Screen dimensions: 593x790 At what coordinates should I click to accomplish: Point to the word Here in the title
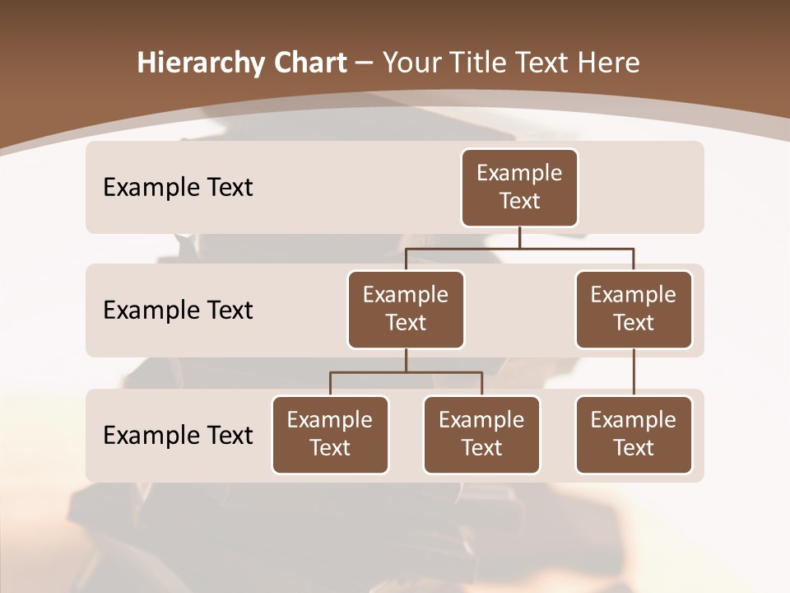pyautogui.click(x=609, y=63)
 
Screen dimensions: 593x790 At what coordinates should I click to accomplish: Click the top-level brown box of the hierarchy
pyautogui.click(x=519, y=187)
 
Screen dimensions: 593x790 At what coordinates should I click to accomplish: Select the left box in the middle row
pyautogui.click(x=406, y=309)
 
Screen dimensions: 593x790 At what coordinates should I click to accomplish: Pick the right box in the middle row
pyautogui.click(x=634, y=309)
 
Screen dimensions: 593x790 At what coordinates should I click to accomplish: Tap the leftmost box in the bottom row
pyautogui.click(x=330, y=434)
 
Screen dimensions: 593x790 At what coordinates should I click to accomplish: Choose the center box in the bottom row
pyautogui.click(x=481, y=434)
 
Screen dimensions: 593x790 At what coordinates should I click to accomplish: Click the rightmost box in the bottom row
pyautogui.click(x=634, y=434)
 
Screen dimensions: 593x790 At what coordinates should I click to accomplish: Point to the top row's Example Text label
pyautogui.click(x=178, y=188)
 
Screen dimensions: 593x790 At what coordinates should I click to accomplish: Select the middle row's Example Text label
pyautogui.click(x=178, y=311)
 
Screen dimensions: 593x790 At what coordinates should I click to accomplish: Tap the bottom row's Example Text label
pyautogui.click(x=178, y=436)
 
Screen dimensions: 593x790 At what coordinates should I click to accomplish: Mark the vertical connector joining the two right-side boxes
pyautogui.click(x=634, y=372)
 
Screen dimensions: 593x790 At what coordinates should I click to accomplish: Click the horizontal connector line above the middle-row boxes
pyautogui.click(x=519, y=248)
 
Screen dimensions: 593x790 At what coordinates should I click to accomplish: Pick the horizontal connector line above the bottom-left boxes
pyautogui.click(x=406, y=372)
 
